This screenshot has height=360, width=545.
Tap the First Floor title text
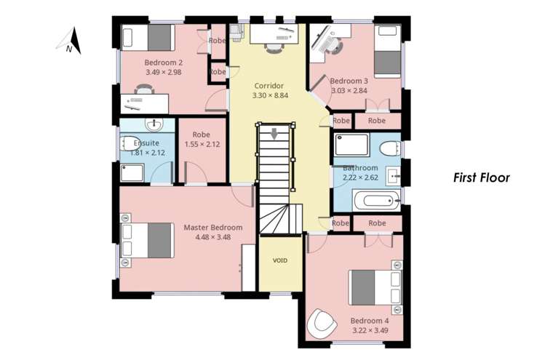pos(481,177)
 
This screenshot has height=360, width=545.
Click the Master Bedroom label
pos(212,228)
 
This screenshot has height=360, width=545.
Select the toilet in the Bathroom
pos(389,148)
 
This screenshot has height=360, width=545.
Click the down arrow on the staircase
pos(274,135)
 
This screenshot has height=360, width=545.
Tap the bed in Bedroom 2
pos(150,37)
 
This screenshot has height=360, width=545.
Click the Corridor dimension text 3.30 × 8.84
pos(270,95)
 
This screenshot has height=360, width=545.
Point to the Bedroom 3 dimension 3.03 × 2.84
pos(349,91)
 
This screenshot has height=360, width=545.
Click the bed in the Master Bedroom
pos(150,241)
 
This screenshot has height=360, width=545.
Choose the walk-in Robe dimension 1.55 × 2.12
pos(202,144)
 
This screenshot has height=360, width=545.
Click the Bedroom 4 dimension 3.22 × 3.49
pos(370,330)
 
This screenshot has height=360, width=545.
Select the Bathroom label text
pos(360,168)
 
